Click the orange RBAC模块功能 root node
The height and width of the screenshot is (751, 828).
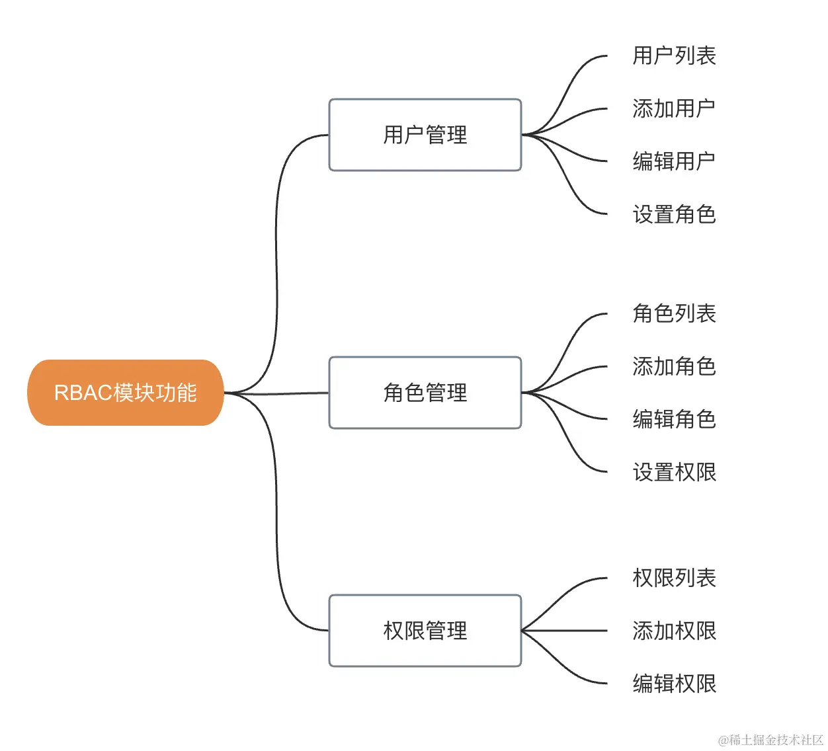[125, 393]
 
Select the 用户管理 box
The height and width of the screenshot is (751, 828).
[425, 135]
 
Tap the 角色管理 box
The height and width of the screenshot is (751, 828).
[425, 393]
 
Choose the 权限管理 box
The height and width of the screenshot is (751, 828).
[425, 631]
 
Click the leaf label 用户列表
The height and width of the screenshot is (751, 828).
[674, 56]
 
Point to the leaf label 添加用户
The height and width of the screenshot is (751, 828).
[674, 108]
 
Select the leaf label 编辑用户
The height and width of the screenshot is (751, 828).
[674, 161]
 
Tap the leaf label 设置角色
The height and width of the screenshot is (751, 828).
[674, 214]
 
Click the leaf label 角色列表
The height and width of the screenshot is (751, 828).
[674, 313]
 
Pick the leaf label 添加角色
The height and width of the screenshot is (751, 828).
[674, 366]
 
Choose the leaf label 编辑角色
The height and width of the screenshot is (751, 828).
[674, 419]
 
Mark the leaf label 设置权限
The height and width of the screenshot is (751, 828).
[674, 472]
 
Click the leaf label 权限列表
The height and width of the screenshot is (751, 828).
[674, 578]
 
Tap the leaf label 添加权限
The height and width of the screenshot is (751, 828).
[674, 631]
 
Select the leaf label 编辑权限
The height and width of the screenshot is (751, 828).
[674, 684]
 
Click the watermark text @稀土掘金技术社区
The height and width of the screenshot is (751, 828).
[770, 740]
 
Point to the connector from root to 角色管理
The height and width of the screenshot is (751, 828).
[291, 393]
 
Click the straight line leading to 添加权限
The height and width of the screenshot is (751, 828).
[569, 631]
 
